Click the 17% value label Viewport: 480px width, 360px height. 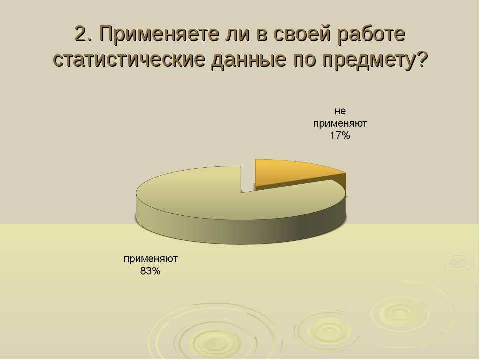point(340,135)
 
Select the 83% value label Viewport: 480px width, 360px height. point(150,271)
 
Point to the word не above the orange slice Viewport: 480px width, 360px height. point(340,111)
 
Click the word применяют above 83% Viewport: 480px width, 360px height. point(151,259)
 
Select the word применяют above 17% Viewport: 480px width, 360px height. point(340,124)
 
